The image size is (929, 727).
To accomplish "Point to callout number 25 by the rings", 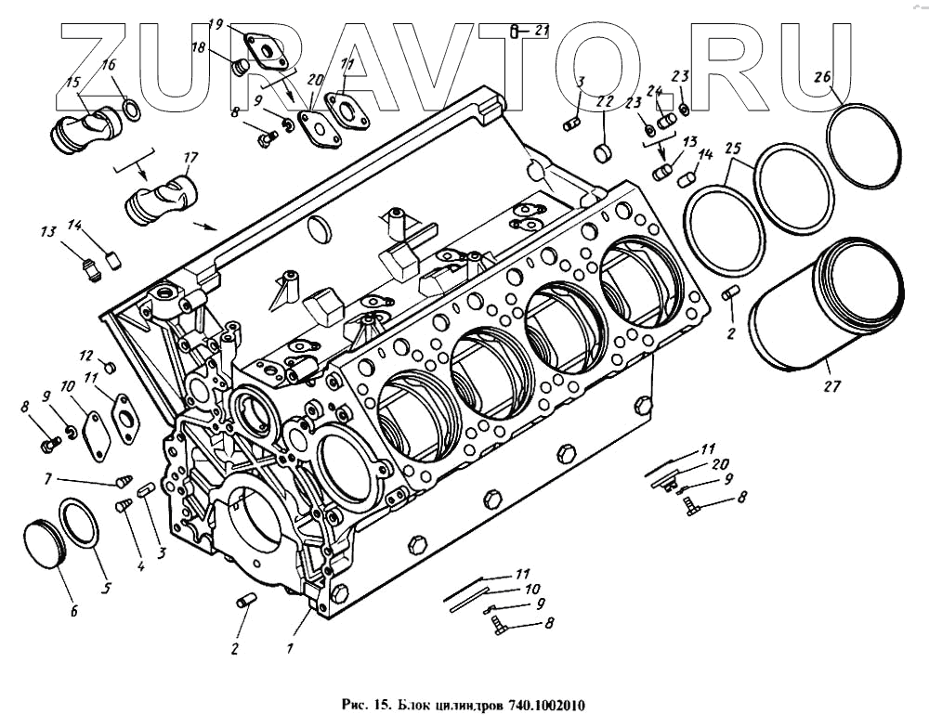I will pyautogui.click(x=733, y=148).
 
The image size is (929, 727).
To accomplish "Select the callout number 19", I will pyautogui.click(x=216, y=23).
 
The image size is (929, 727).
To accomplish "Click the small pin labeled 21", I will pyautogui.click(x=515, y=32).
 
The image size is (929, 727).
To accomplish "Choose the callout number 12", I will pyautogui.click(x=85, y=356).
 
